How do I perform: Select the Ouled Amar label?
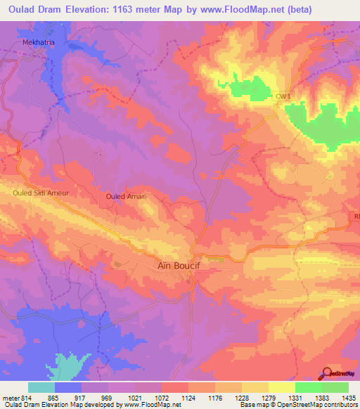124,197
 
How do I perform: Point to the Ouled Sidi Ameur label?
39,191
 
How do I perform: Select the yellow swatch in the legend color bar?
281,387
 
